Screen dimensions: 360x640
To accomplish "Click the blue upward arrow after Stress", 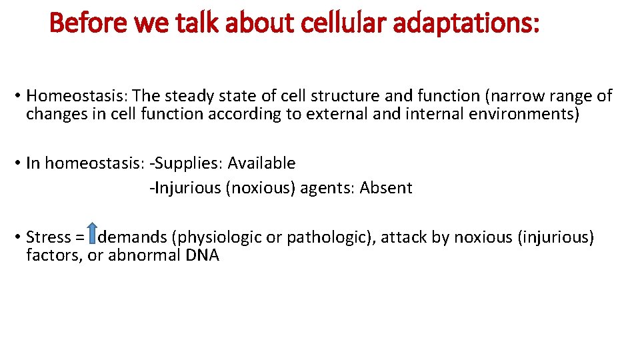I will (x=93, y=236).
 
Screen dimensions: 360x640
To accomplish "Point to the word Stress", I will (x=48, y=237).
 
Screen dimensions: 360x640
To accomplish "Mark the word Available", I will (x=261, y=163).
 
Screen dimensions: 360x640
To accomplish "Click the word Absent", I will (x=386, y=188).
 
